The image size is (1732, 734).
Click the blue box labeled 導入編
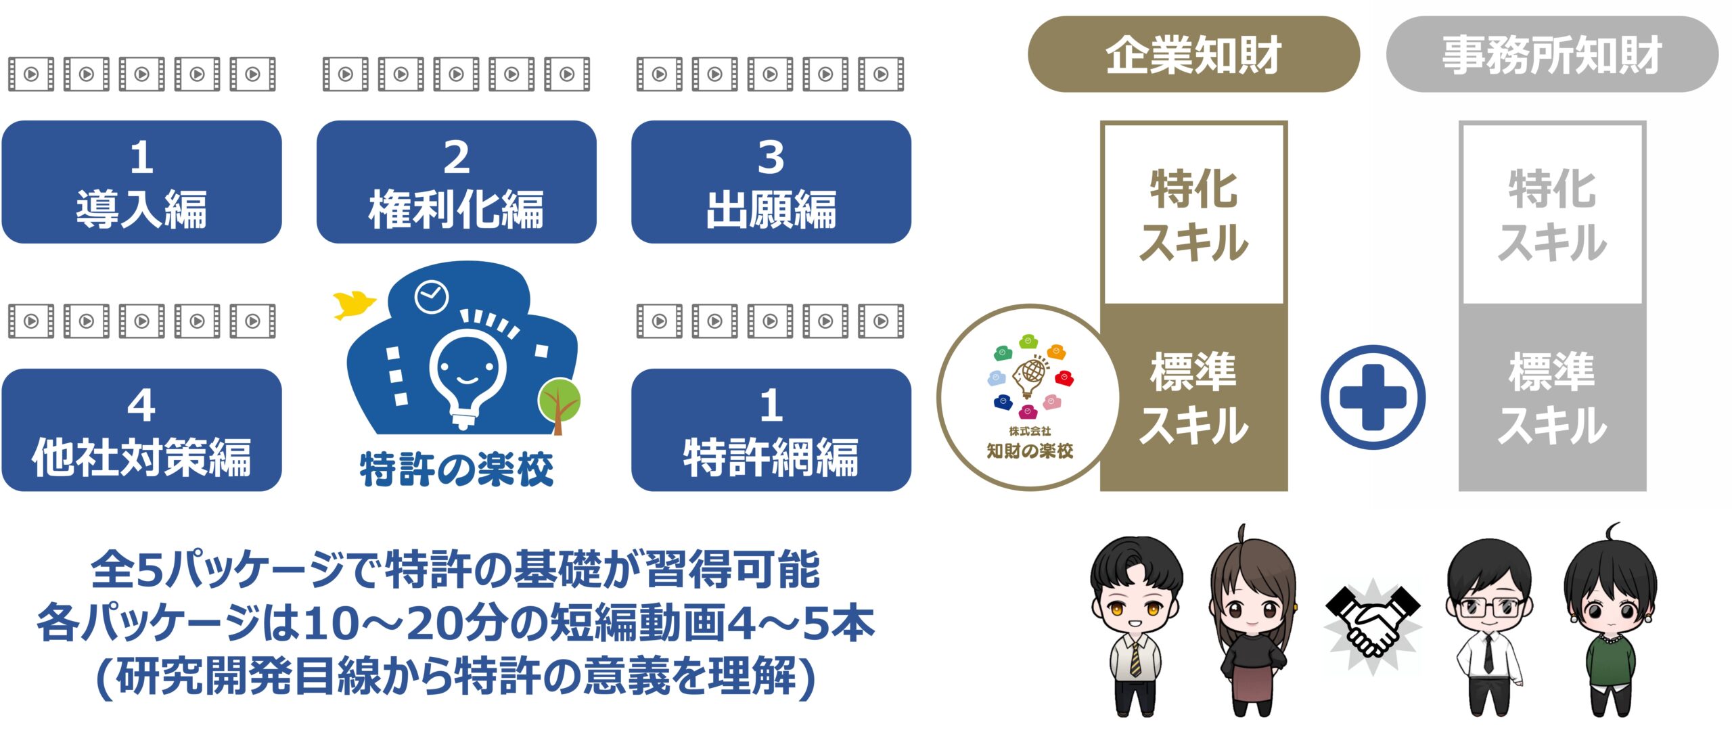[141, 182]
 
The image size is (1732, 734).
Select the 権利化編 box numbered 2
[456, 182]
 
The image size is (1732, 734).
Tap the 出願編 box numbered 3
[771, 182]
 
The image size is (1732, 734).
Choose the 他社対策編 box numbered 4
[141, 430]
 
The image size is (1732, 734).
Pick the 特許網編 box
[771, 430]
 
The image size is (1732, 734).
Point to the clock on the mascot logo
[431, 296]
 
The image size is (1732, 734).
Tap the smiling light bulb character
[467, 369]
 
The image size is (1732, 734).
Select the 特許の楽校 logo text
[457, 469]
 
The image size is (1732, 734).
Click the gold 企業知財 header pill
[1193, 54]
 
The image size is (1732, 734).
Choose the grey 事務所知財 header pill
[1552, 54]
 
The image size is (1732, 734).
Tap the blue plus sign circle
[1373, 397]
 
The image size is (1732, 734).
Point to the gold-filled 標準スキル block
[1195, 398]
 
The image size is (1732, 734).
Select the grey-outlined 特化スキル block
[1552, 213]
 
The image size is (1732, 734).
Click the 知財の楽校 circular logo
[1030, 397]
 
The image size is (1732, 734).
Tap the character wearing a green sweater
[1611, 619]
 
